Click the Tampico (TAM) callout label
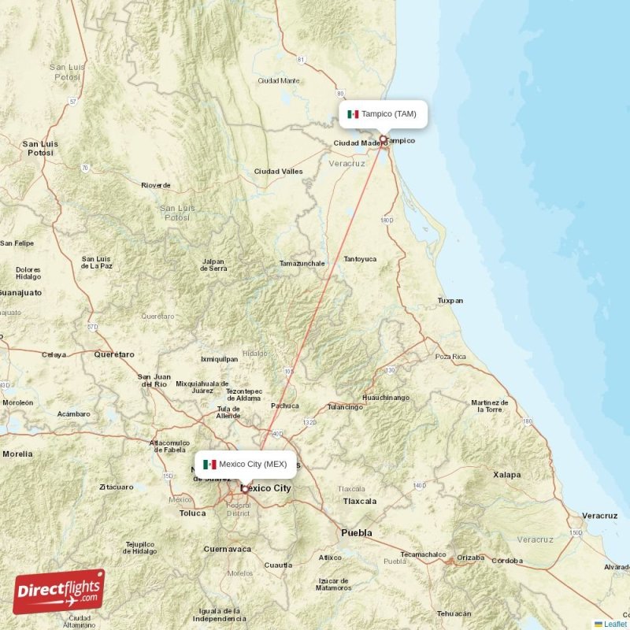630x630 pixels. click(383, 114)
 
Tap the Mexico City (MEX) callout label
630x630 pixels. click(245, 464)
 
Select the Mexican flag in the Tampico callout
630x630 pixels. click(353, 114)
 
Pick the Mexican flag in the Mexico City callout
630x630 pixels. click(209, 464)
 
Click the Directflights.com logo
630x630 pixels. click(58, 591)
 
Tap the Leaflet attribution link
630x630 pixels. click(615, 624)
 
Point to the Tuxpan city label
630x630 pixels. click(450, 300)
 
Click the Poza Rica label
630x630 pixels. click(450, 357)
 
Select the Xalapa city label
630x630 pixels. click(506, 475)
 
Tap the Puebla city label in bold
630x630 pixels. click(356, 533)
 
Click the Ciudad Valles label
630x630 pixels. click(278, 171)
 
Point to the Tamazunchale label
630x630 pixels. click(302, 263)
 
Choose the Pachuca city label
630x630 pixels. click(285, 406)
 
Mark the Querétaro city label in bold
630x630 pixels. click(114, 354)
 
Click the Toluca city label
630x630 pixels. click(192, 513)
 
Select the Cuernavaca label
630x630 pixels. click(227, 549)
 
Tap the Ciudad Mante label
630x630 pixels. click(279, 80)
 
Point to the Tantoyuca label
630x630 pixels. click(360, 258)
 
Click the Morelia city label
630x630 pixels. click(17, 454)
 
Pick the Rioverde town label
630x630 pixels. click(155, 185)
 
